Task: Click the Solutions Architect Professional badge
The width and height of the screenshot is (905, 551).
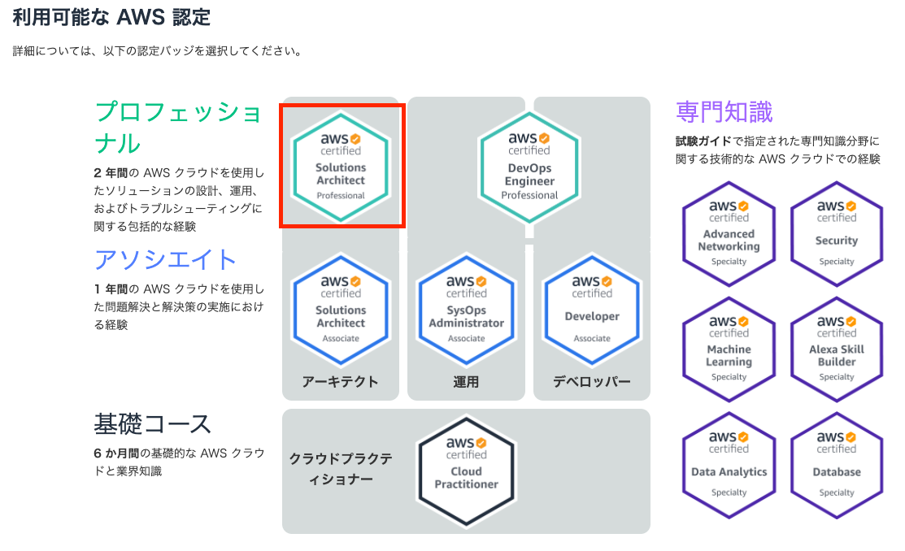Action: tap(341, 167)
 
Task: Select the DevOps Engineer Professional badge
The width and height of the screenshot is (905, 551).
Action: tap(529, 167)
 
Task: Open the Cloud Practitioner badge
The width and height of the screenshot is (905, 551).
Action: tap(466, 471)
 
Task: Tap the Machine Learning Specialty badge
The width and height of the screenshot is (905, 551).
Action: tap(729, 350)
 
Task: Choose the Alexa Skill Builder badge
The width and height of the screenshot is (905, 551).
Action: tap(837, 350)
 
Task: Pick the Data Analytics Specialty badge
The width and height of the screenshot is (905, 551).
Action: tap(729, 466)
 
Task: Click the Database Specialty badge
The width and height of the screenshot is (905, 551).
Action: tap(837, 466)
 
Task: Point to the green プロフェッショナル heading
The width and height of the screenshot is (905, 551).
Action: tap(178, 127)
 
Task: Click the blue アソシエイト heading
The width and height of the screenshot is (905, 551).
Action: tap(166, 259)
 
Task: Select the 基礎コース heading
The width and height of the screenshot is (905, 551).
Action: tap(153, 423)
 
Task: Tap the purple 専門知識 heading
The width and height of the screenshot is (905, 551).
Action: tap(724, 111)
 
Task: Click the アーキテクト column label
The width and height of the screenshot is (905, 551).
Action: tap(340, 381)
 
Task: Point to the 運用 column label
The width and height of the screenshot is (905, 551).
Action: tap(466, 381)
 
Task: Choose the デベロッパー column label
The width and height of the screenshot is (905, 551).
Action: tap(591, 381)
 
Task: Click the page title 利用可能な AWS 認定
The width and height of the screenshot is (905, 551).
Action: tap(111, 17)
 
